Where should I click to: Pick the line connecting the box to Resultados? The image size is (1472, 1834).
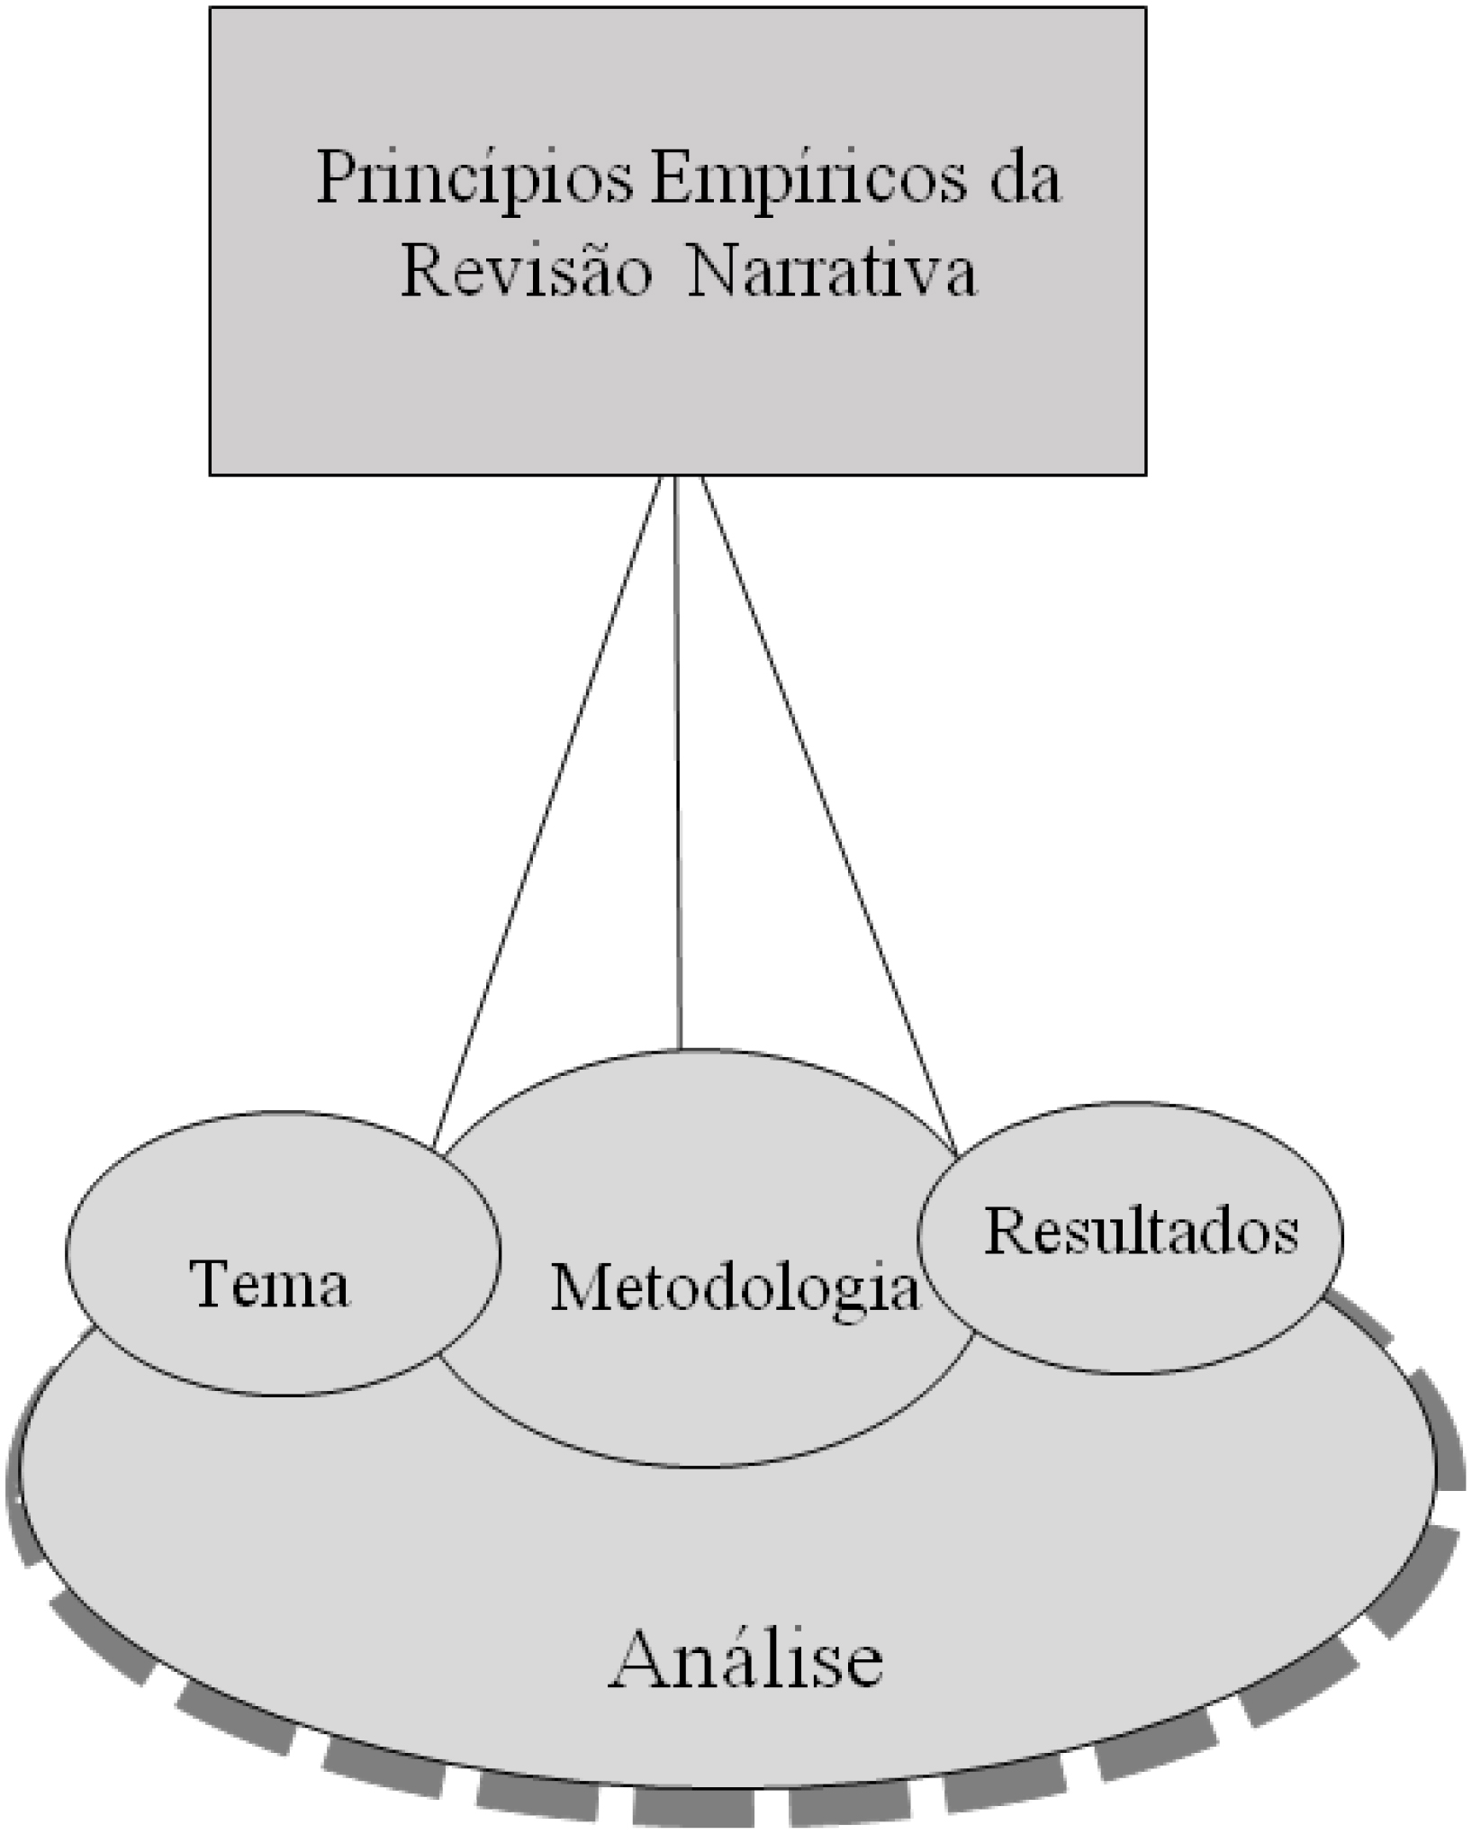click(x=828, y=815)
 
